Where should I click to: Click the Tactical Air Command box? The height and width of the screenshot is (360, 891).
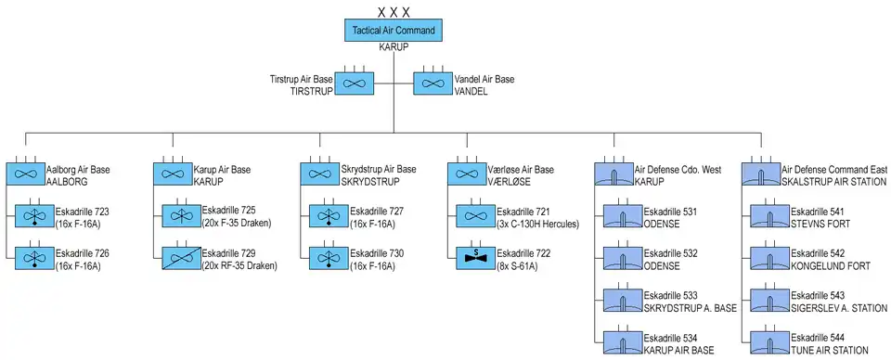coord(394,30)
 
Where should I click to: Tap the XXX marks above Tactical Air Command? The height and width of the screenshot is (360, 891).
coord(394,11)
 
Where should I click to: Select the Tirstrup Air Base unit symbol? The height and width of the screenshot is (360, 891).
coord(354,84)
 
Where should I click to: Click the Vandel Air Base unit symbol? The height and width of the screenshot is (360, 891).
coord(433,84)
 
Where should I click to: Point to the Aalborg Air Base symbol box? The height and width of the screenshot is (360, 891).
coord(26,174)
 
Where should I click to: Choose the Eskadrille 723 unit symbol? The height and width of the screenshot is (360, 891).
coord(35,216)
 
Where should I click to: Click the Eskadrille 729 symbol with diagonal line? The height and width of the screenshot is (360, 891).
coord(182,258)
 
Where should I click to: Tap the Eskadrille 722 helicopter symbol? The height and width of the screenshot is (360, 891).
coord(476,258)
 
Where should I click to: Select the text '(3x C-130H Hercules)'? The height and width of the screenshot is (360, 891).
coord(537,224)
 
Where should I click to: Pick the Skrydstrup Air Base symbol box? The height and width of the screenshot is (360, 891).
coord(319,174)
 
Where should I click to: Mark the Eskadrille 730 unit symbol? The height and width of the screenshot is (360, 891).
coord(329,258)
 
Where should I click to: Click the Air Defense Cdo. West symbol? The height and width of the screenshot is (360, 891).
coord(613,174)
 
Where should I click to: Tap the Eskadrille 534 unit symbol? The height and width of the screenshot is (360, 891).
coord(624,342)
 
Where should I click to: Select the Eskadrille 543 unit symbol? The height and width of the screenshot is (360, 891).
coord(770,301)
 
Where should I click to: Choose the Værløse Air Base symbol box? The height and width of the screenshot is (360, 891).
coord(467,174)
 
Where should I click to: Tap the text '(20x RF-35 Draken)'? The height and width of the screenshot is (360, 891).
coord(239,265)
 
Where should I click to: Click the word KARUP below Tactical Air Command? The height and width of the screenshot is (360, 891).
coord(394,47)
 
